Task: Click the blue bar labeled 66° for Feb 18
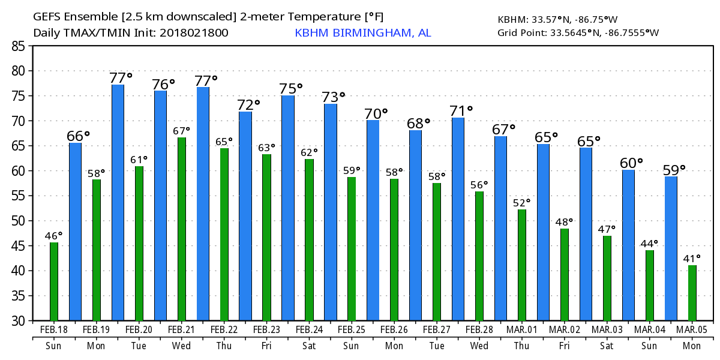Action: [75, 232]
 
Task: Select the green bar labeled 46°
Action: [54, 281]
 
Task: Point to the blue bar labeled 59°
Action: [671, 248]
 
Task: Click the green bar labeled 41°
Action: [692, 293]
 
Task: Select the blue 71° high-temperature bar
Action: [458, 219]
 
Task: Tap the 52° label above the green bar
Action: [522, 203]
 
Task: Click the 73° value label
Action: [334, 96]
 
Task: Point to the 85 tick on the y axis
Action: [20, 46]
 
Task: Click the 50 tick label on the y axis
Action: [20, 221]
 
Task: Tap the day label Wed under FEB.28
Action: [479, 346]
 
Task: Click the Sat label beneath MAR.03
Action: [607, 346]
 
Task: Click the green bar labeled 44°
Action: [650, 286]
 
